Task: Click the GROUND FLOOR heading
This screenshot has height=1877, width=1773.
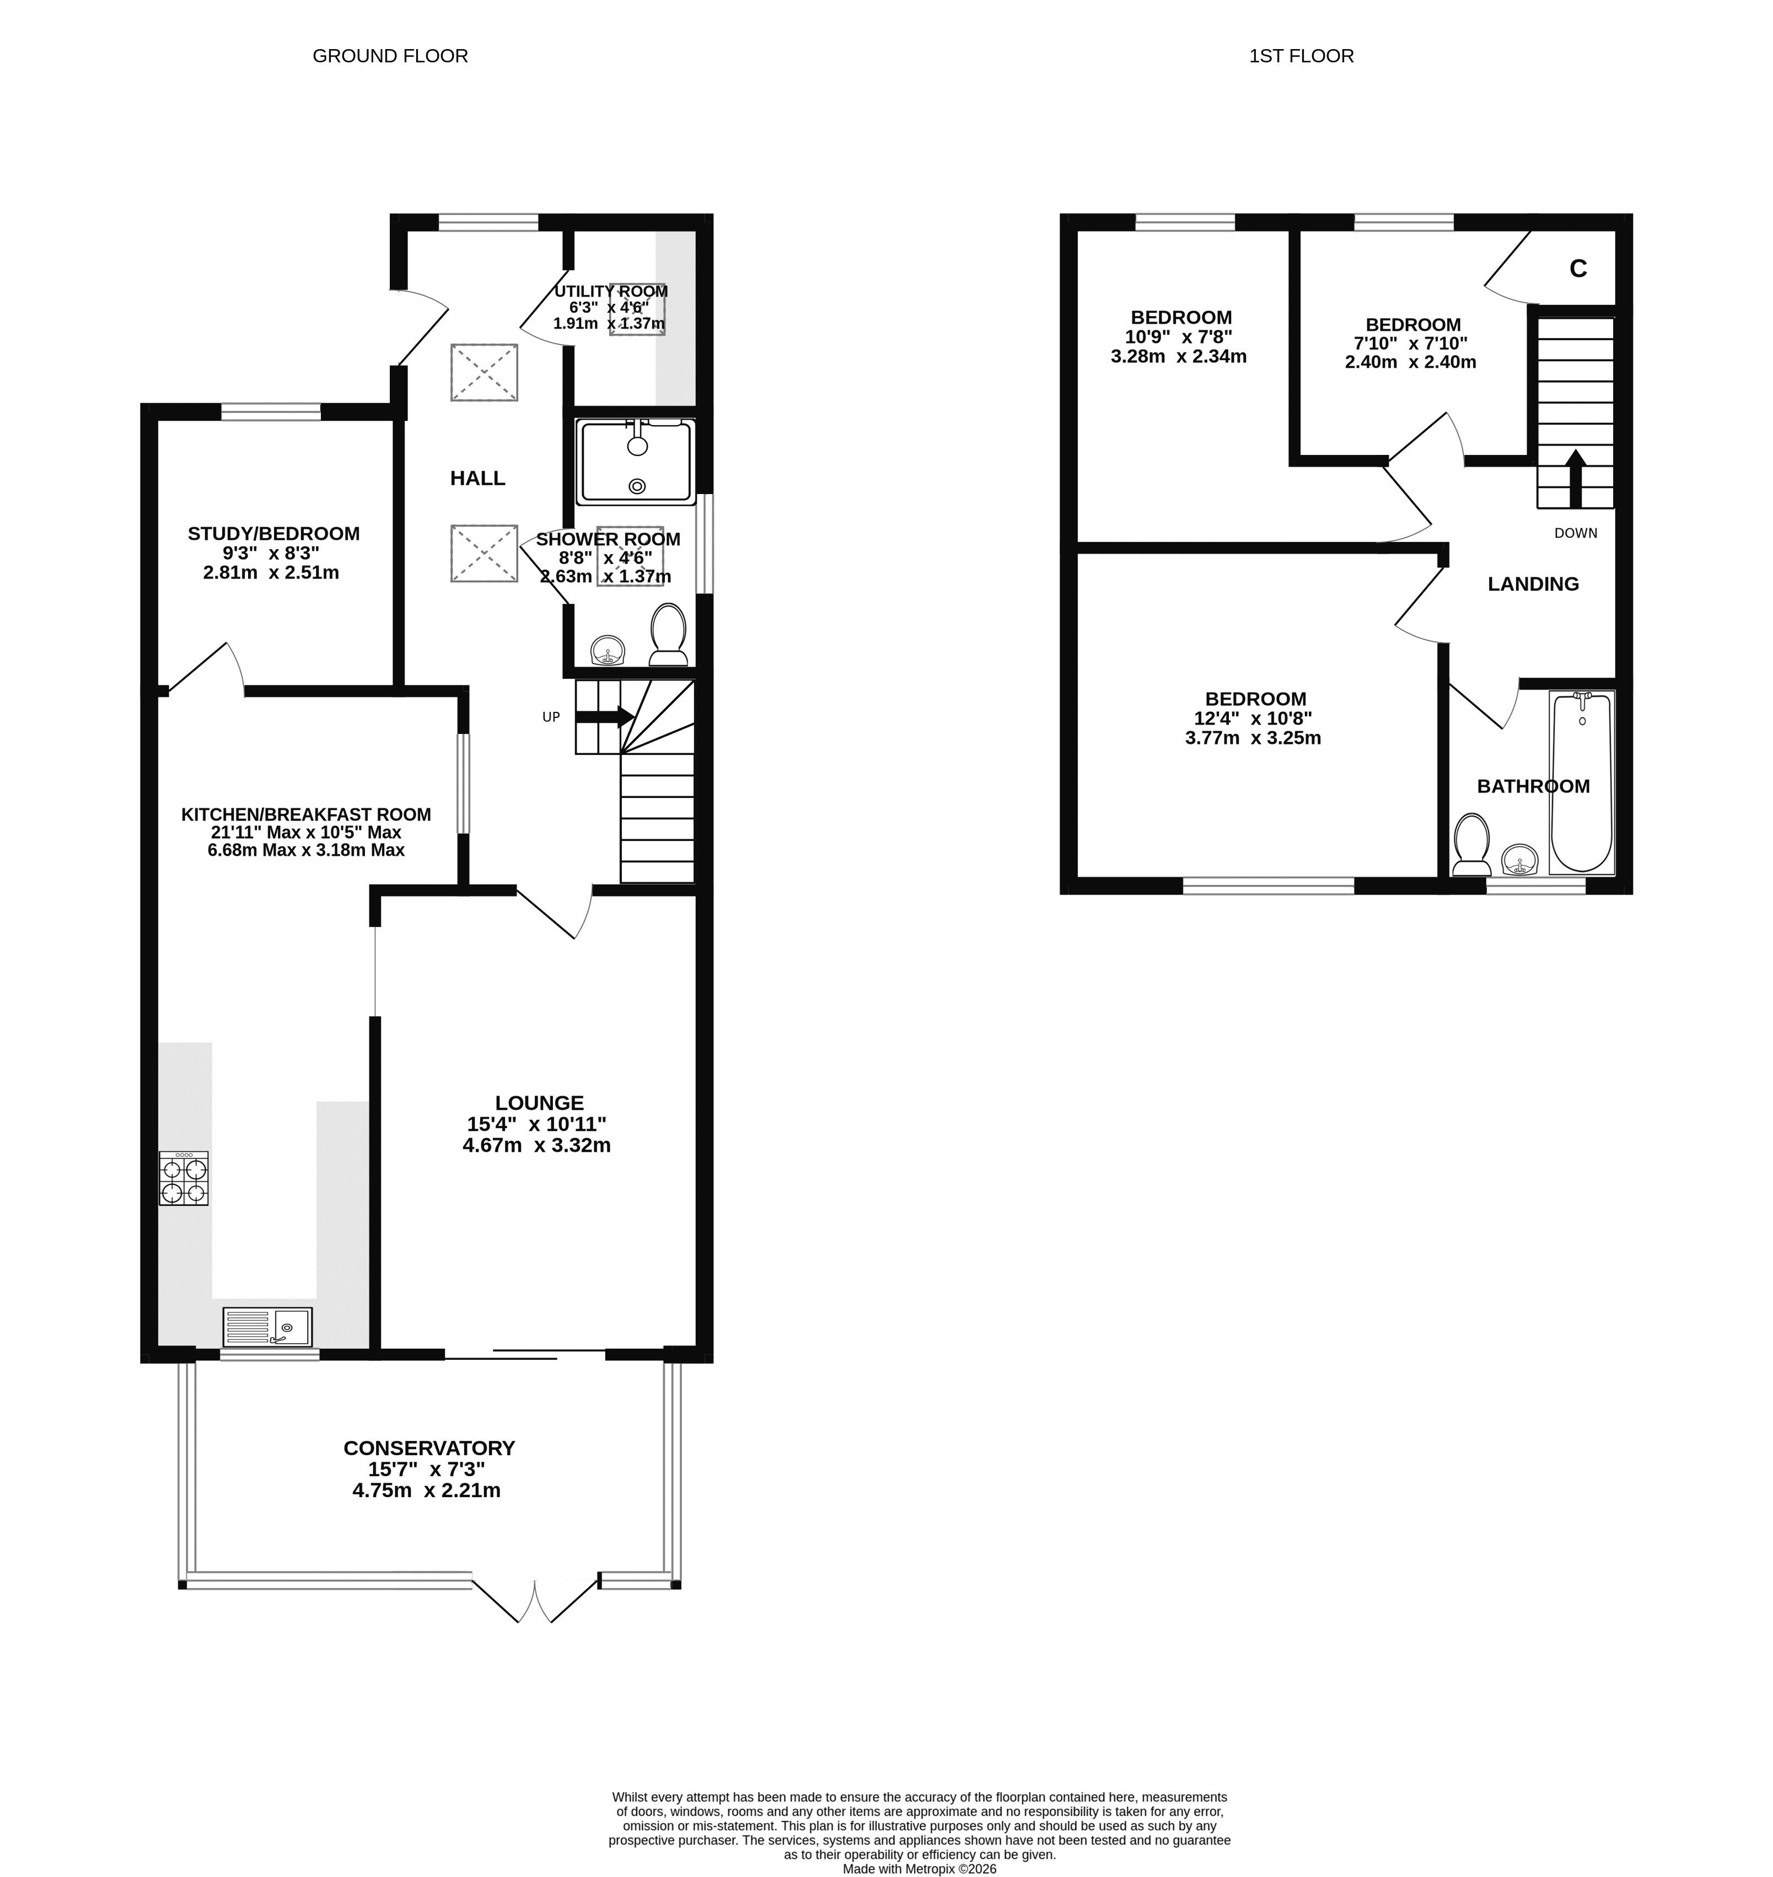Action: coord(390,56)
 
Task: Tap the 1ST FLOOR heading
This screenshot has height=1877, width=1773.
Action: coord(1302,56)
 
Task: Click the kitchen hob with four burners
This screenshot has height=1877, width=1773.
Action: coord(184,1178)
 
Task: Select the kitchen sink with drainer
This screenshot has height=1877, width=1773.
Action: coord(267,1327)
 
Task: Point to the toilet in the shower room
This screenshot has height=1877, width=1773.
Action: coord(668,634)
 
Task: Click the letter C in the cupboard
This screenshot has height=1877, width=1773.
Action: coord(1577,269)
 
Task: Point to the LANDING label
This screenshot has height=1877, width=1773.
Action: coord(1533,584)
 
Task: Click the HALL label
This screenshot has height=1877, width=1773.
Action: coord(477,478)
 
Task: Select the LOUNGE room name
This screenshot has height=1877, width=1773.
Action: coord(540,1103)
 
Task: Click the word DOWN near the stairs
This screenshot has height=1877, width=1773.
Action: coord(1576,533)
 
